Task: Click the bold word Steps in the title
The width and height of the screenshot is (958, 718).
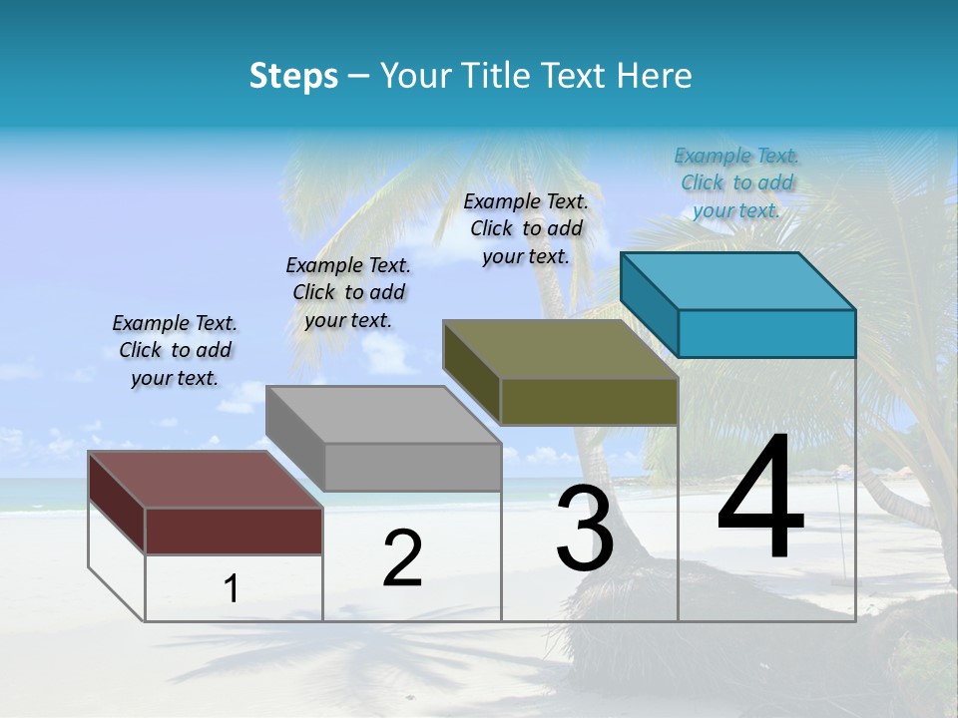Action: pyautogui.click(x=293, y=76)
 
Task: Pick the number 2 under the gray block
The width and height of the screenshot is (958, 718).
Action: pyautogui.click(x=402, y=558)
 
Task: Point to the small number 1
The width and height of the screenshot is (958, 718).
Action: pyautogui.click(x=232, y=588)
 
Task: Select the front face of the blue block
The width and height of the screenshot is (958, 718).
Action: pyautogui.click(x=766, y=333)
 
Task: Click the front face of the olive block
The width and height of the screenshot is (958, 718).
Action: pyautogui.click(x=589, y=401)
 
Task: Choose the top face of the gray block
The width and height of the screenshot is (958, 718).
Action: pyautogui.click(x=383, y=414)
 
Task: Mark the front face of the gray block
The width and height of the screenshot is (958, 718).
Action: pyautogui.click(x=412, y=467)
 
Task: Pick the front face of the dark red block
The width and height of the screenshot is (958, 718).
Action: pyautogui.click(x=234, y=531)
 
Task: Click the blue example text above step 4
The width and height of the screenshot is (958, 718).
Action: pyautogui.click(x=736, y=183)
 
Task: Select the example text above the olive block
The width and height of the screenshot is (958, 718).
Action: pyautogui.click(x=526, y=228)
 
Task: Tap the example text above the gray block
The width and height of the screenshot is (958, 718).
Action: pyautogui.click(x=348, y=292)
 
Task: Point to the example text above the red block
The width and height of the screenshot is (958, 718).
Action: pyautogui.click(x=175, y=350)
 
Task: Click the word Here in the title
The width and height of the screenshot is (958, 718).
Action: pyautogui.click(x=655, y=76)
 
